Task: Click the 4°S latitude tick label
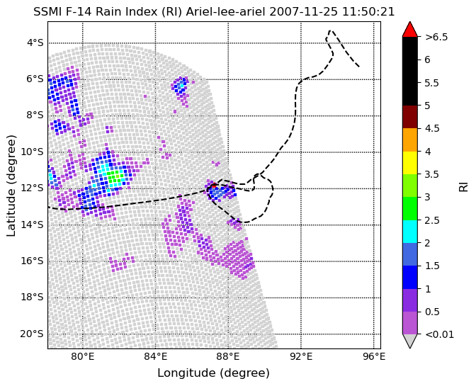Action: click(36, 42)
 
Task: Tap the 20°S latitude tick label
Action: click(32, 334)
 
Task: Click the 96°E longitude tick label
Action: click(374, 356)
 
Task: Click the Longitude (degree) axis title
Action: click(213, 373)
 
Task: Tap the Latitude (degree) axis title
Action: click(11, 186)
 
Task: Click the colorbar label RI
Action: click(463, 186)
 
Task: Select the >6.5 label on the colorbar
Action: click(436, 37)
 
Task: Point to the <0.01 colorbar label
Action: click(440, 334)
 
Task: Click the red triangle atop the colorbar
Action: click(410, 29)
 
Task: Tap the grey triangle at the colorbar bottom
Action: click(410, 341)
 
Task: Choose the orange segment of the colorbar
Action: click(410, 140)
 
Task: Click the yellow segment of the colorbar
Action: click(410, 163)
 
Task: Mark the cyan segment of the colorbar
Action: click(410, 231)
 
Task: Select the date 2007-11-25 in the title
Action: click(304, 12)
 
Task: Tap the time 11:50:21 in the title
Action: click(368, 12)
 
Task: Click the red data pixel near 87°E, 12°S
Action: click(214, 186)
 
